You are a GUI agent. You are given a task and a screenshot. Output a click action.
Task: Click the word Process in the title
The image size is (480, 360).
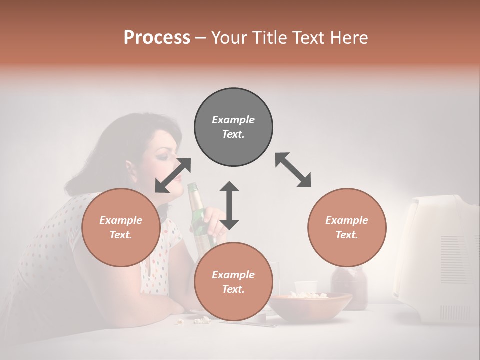[157, 38]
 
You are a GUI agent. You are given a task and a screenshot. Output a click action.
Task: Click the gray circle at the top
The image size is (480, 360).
[233, 127]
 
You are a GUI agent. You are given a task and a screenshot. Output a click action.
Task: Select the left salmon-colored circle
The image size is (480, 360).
[121, 227]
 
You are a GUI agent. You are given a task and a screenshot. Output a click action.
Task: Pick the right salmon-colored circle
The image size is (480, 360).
[347, 227]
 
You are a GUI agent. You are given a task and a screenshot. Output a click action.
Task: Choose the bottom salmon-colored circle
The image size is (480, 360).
[233, 282]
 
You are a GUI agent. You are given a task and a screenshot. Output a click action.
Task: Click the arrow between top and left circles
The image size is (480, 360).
[173, 175]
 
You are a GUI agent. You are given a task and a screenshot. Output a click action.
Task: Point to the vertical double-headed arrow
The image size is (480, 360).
[229, 205]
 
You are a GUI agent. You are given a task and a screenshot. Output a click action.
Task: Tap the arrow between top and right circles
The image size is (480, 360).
[293, 170]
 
